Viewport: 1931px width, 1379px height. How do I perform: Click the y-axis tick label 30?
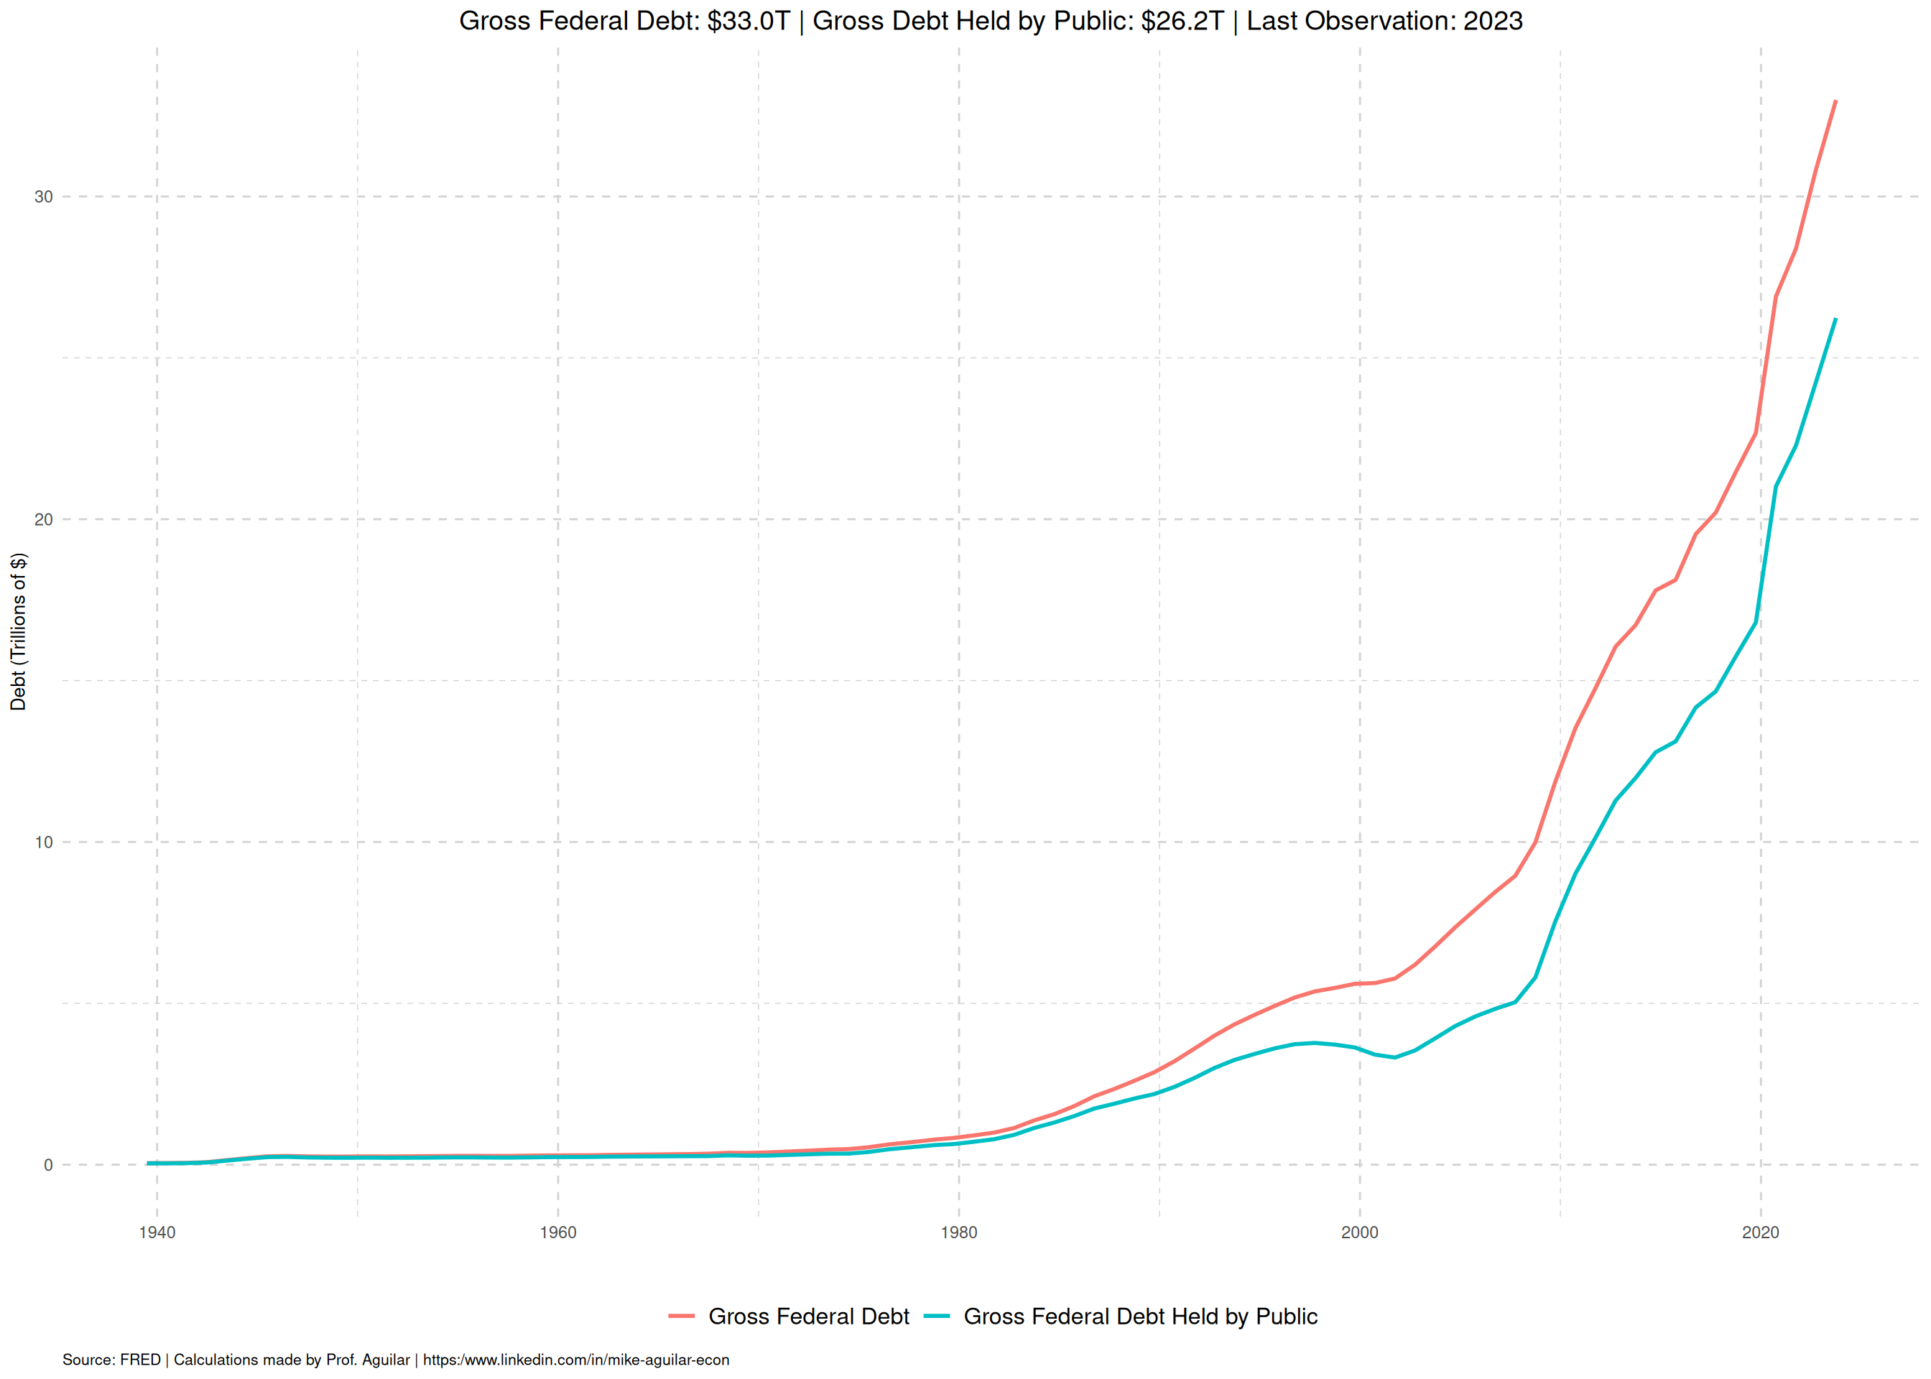(43, 197)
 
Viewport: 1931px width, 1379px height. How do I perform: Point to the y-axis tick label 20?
(43, 520)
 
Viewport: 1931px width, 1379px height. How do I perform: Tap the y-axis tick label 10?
(43, 842)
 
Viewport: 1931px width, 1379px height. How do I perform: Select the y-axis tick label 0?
(48, 1165)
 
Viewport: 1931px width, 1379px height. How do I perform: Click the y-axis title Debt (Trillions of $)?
(19, 631)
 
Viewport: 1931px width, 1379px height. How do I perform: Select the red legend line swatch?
(682, 1317)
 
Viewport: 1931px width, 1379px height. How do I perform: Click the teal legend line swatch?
(937, 1317)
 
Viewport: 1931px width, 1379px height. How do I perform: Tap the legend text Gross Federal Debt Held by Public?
(1141, 1317)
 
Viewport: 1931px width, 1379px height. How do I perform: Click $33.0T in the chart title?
(748, 22)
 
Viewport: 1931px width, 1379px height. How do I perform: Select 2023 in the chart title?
(1493, 22)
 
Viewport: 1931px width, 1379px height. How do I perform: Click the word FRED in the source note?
(140, 1360)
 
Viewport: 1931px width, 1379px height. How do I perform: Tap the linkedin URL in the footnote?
(575, 1360)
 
